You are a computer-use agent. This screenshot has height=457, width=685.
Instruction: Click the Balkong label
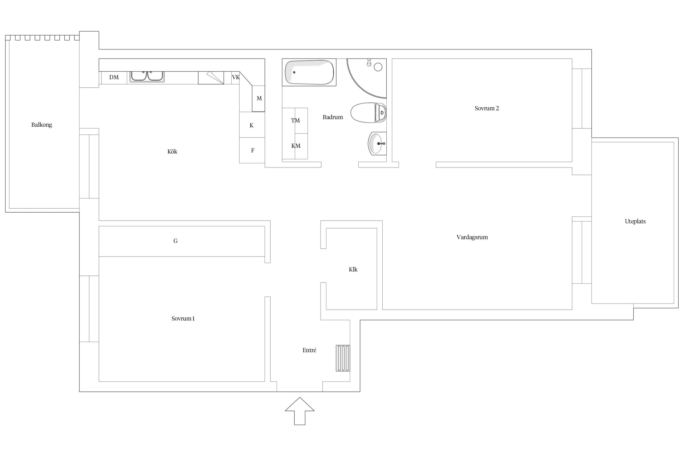click(x=42, y=125)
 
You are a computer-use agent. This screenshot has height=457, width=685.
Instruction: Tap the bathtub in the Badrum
click(x=309, y=72)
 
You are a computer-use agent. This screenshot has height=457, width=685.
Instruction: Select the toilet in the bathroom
click(x=368, y=113)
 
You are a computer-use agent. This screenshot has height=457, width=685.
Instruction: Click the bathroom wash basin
click(x=377, y=143)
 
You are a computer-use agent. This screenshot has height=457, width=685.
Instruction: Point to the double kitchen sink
click(x=147, y=76)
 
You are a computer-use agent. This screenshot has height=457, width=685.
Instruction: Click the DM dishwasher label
click(x=114, y=77)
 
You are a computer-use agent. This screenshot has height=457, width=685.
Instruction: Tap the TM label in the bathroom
click(x=295, y=121)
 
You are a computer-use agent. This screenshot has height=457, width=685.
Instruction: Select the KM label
click(x=296, y=146)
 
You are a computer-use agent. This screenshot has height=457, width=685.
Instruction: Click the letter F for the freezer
click(x=253, y=150)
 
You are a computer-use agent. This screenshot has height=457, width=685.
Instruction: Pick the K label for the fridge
click(x=251, y=125)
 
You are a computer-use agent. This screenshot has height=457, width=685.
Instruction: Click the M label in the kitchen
click(x=259, y=98)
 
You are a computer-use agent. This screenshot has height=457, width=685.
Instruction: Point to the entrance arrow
click(x=300, y=411)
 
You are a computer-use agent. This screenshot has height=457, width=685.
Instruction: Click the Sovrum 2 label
click(x=487, y=108)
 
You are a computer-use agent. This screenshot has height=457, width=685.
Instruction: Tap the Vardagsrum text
click(x=472, y=237)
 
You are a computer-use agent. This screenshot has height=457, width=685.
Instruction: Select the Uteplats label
click(x=635, y=221)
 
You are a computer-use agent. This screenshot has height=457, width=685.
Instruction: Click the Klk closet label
click(x=353, y=269)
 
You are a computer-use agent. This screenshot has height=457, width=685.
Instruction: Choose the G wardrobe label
click(x=175, y=241)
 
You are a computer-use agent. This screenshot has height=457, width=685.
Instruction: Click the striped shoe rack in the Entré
click(x=343, y=358)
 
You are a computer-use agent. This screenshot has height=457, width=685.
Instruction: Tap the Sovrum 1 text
click(x=183, y=319)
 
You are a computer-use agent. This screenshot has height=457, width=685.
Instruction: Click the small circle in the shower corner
click(x=378, y=67)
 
